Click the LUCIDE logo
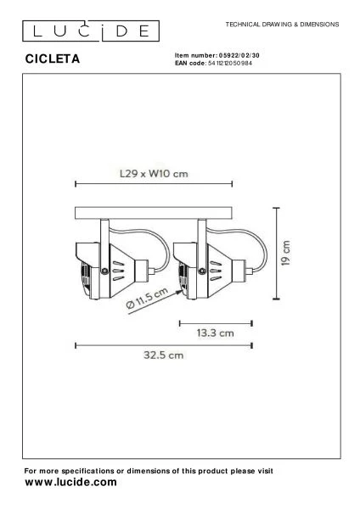[x=91, y=31]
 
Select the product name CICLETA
[x=53, y=59]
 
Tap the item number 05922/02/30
[x=239, y=55]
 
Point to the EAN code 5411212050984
[x=230, y=63]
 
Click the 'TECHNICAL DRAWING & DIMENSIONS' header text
[x=283, y=25]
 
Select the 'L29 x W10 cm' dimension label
[x=154, y=174]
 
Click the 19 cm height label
[x=285, y=253]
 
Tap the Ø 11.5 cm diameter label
[x=147, y=298]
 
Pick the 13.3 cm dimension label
[x=215, y=333]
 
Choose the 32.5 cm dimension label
[x=163, y=355]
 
